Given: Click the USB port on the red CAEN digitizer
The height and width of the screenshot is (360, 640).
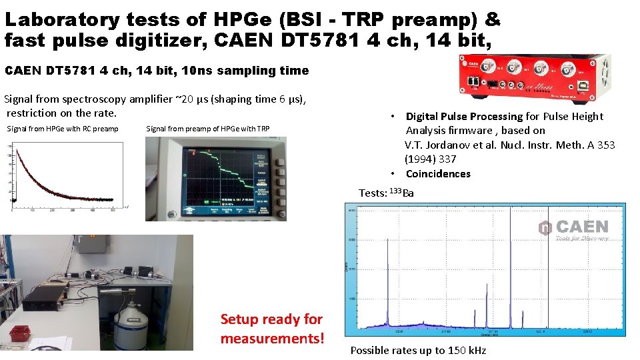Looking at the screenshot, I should (591, 84).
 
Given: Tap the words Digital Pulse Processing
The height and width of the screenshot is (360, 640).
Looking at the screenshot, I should (464, 117).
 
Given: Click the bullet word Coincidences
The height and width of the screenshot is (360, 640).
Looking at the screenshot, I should (438, 174).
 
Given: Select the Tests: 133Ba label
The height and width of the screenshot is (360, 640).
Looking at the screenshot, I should (386, 193).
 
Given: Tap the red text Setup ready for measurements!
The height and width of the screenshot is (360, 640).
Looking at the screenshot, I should (271, 329).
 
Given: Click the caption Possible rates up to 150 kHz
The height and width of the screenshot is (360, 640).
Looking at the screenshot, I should (418, 351).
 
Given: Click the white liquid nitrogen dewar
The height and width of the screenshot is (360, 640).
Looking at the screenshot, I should (129, 324).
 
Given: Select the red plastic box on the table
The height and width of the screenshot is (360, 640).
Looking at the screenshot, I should (19, 331).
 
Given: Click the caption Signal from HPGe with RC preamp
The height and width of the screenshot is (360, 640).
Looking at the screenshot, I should (62, 129).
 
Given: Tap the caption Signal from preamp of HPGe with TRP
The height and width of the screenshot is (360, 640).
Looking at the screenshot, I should (207, 129).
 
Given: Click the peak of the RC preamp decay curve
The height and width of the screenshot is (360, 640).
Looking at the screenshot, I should (15, 146).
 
